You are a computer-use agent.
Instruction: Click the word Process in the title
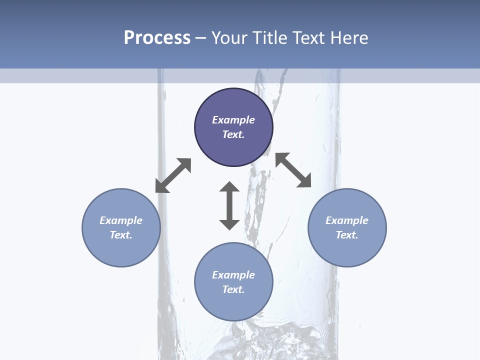157,38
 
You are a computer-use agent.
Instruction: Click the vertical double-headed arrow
229,205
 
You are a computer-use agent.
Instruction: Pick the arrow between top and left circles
173,175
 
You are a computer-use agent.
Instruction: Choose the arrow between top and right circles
293,170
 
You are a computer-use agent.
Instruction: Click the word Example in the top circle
233,120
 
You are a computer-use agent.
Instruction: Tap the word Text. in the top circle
233,134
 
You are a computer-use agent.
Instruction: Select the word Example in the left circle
121,220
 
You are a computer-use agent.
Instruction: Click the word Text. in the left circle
121,235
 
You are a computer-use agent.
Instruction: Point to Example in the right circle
347,220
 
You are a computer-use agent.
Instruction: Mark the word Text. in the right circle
347,235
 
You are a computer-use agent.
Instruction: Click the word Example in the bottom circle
233,275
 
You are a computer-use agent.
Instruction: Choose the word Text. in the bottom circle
233,289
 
